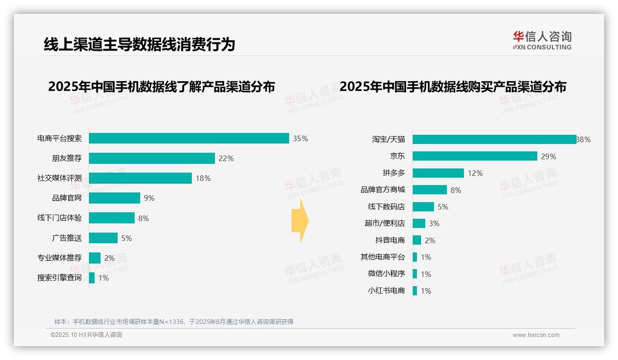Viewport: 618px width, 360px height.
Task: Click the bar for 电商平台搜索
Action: click(x=189, y=138)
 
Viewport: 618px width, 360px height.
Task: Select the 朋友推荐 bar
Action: click(x=152, y=158)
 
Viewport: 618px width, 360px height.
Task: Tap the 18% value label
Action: click(x=203, y=178)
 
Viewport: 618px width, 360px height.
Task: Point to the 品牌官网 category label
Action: click(x=67, y=198)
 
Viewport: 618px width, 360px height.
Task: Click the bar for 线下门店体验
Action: click(x=112, y=218)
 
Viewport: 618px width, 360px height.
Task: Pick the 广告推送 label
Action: click(x=67, y=238)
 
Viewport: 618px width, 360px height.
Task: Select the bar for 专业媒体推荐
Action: click(x=95, y=258)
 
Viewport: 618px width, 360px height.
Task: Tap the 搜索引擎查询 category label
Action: click(x=59, y=278)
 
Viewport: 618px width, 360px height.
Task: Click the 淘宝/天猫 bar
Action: click(x=494, y=139)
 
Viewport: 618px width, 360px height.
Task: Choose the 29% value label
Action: click(x=548, y=156)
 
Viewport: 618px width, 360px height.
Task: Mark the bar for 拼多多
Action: click(x=438, y=173)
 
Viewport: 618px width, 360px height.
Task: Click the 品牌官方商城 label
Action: click(x=383, y=190)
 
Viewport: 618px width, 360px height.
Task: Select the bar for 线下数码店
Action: click(x=423, y=207)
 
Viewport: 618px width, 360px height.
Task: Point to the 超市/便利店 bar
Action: click(x=419, y=223)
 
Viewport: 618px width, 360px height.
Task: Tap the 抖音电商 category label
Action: click(x=390, y=240)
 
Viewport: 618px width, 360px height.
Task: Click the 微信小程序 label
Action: click(x=386, y=274)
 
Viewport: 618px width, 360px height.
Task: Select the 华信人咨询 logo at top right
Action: click(x=542, y=40)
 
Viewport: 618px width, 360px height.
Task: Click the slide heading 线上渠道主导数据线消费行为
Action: click(x=139, y=44)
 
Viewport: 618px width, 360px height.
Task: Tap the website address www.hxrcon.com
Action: click(x=536, y=335)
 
